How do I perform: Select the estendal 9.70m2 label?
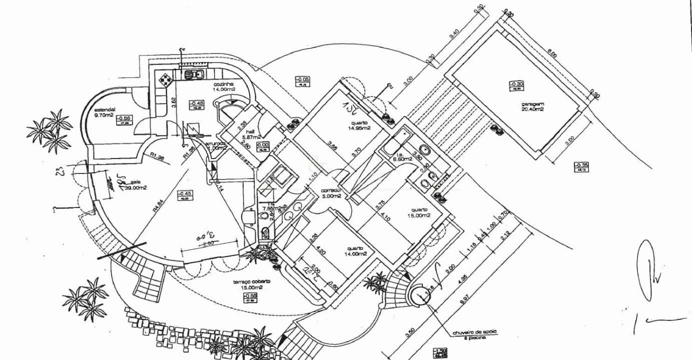(x=106, y=112)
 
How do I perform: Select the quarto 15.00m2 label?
(x=419, y=212)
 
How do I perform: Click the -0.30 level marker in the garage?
(x=517, y=85)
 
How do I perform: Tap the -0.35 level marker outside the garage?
(x=581, y=167)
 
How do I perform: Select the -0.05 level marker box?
(x=302, y=80)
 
